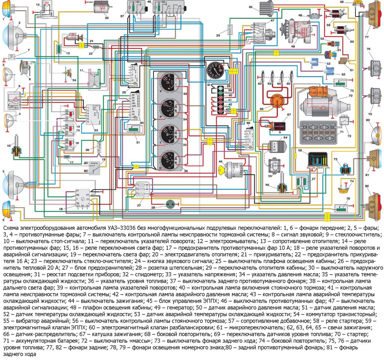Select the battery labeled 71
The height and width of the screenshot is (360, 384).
(x=316, y=133)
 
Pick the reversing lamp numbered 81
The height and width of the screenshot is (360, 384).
(x=375, y=160)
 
